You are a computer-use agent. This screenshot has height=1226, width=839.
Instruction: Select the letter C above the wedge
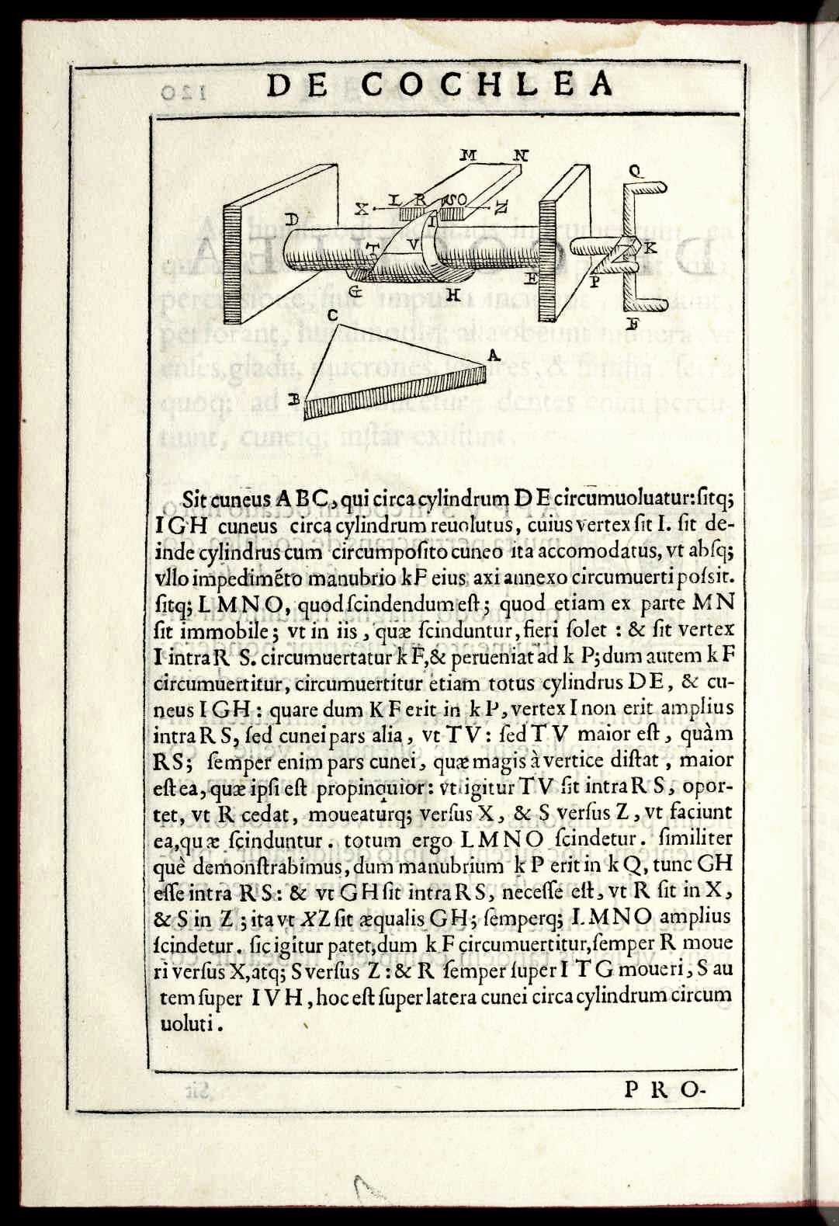tap(331, 315)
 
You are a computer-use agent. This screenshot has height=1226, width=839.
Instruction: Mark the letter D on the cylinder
tap(291, 220)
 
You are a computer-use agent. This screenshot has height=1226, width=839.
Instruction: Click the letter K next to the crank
tap(650, 248)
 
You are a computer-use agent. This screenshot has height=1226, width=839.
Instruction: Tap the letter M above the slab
tap(468, 154)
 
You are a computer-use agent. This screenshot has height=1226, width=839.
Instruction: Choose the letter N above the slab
tap(519, 155)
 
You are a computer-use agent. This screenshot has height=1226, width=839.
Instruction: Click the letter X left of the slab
tap(362, 208)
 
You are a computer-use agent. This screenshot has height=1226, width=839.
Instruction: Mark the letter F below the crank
tap(632, 325)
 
